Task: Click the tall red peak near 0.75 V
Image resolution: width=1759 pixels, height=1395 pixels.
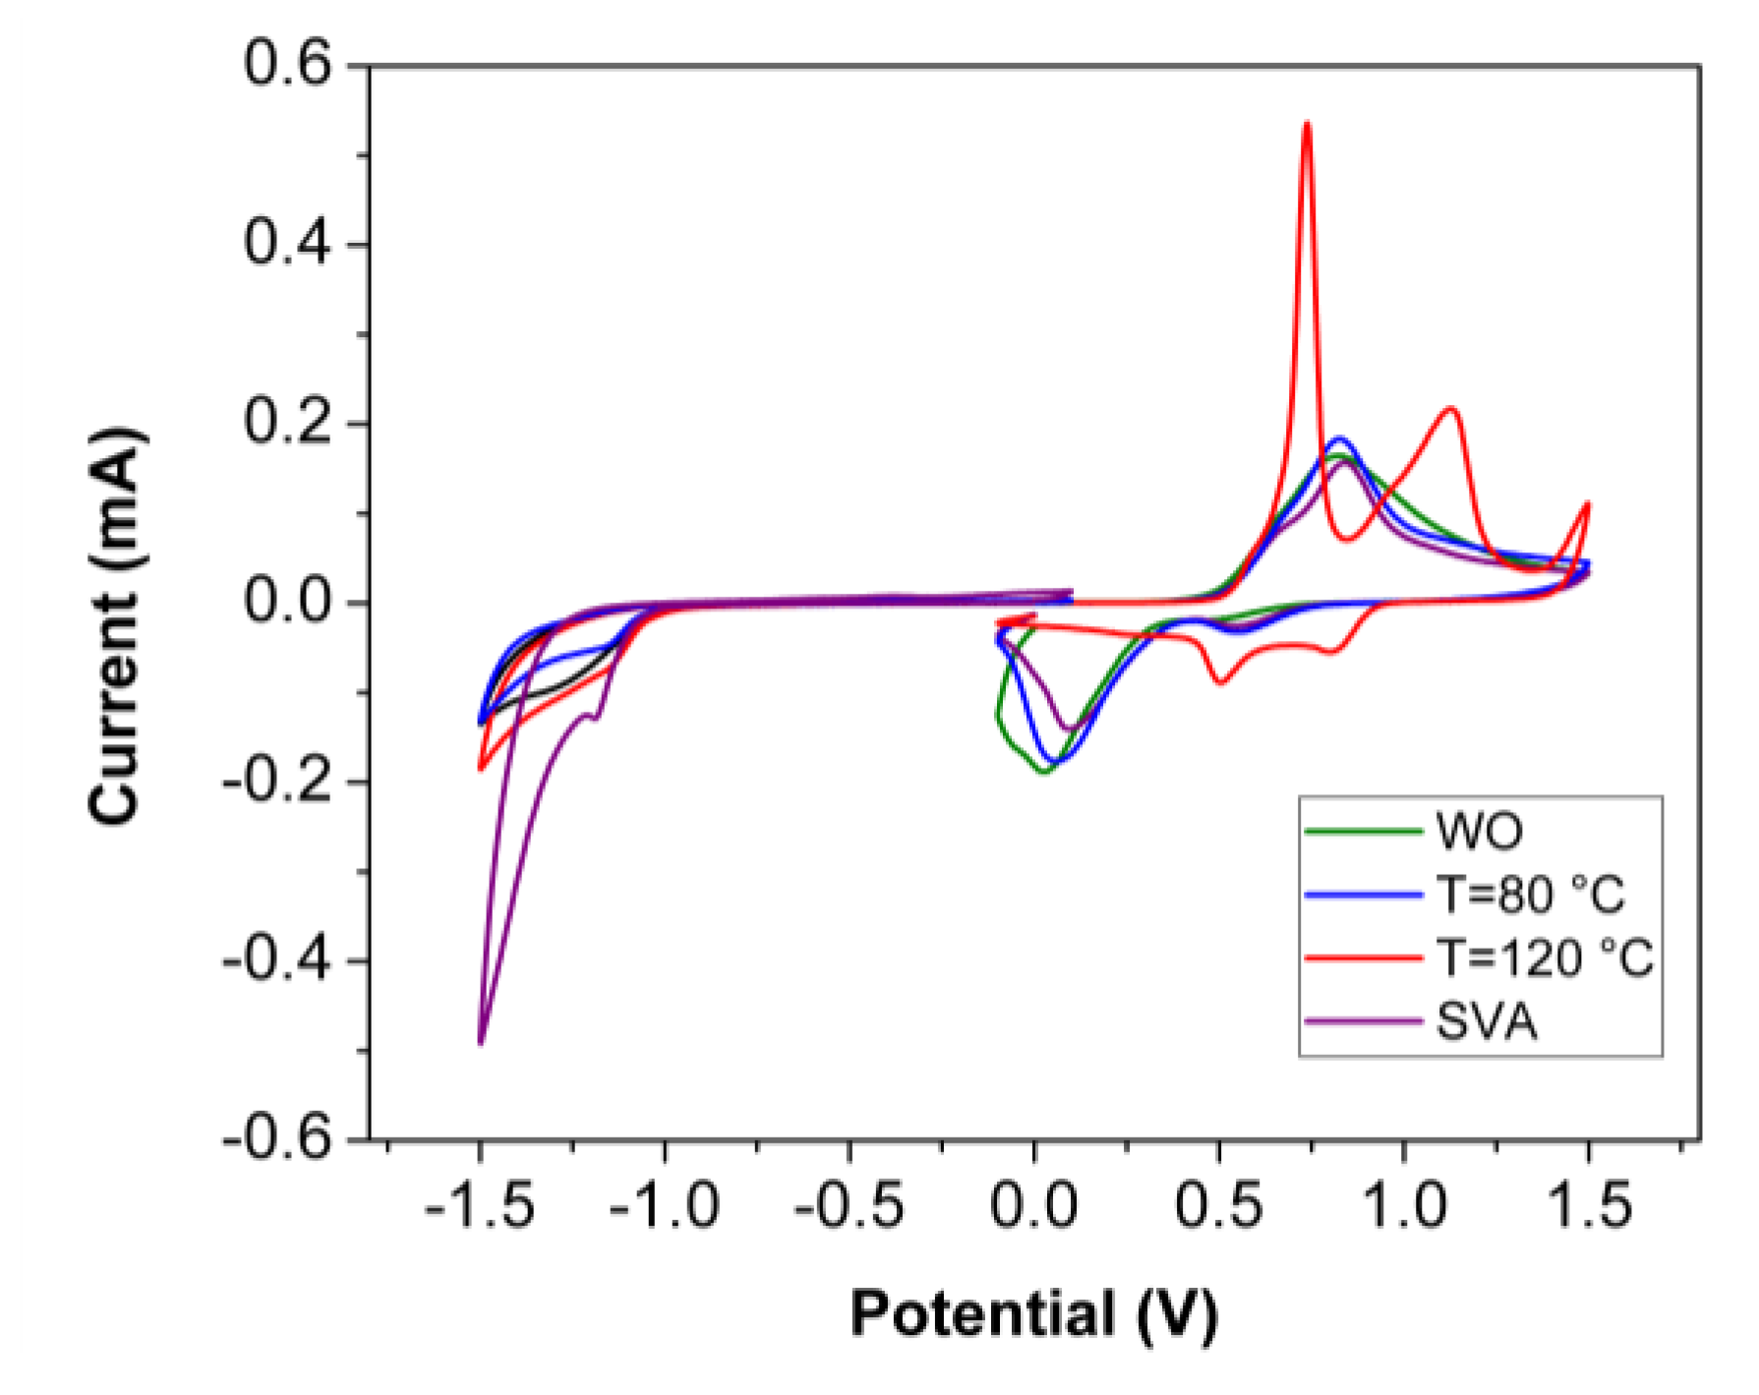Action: [1307, 125]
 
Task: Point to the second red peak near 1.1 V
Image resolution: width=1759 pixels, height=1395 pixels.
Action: [1450, 408]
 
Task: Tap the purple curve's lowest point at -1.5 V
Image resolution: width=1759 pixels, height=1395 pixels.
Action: [481, 1042]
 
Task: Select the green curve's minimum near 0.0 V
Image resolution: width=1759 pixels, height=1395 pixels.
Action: [1044, 772]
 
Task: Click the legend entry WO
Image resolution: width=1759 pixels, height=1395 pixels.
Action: [1479, 831]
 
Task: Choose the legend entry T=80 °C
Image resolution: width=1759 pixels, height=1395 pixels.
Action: [1530, 894]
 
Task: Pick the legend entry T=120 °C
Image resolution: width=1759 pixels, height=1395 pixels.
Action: [1545, 957]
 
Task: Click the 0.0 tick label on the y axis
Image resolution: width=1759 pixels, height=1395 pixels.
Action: [287, 602]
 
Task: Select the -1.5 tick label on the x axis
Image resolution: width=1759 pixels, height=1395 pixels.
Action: [479, 1205]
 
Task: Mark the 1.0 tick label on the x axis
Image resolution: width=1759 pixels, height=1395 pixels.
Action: [1404, 1205]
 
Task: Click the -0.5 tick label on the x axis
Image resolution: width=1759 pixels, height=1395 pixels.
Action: [849, 1205]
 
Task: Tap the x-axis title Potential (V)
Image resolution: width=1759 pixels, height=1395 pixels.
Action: [1033, 1313]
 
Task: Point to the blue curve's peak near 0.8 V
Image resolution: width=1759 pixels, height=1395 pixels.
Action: [1339, 438]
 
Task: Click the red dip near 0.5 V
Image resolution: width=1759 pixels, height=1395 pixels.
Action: [1220, 681]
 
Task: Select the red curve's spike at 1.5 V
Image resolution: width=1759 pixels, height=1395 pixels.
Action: [1587, 504]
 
